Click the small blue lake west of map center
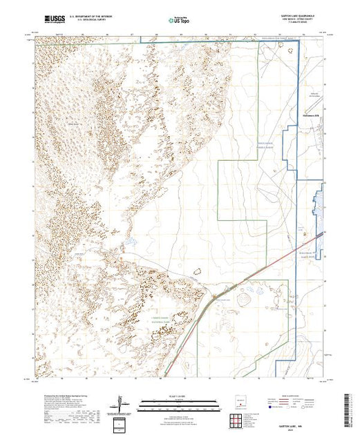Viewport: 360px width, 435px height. [x=129, y=243]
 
